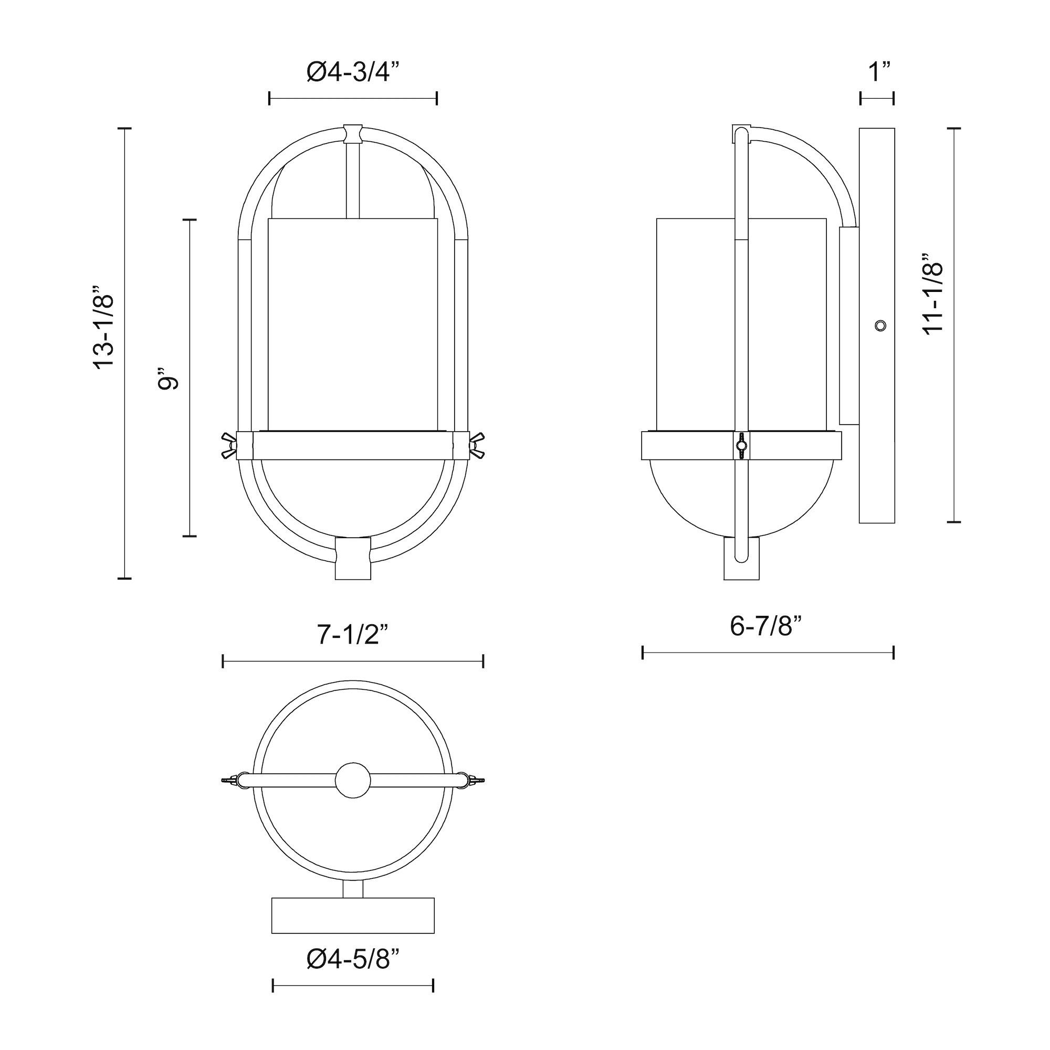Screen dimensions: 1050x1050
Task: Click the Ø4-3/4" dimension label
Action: (x=353, y=72)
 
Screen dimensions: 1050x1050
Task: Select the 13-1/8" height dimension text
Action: (x=104, y=328)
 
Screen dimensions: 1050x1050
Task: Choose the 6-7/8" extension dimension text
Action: (x=766, y=626)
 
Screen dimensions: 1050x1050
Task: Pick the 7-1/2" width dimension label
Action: (x=353, y=635)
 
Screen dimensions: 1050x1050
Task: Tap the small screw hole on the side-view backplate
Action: (x=880, y=325)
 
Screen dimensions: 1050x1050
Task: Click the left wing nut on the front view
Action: (x=228, y=445)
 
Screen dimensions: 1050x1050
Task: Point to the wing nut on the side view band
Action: (x=741, y=446)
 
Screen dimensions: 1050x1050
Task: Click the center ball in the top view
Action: (x=353, y=781)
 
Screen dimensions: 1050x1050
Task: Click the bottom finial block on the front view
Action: (x=353, y=558)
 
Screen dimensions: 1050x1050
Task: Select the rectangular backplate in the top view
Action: (x=353, y=916)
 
